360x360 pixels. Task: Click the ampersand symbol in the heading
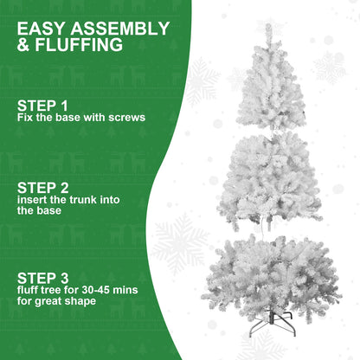tap(25, 44)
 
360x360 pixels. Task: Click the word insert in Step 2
tap(31, 199)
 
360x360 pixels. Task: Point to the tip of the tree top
tap(269, 27)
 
